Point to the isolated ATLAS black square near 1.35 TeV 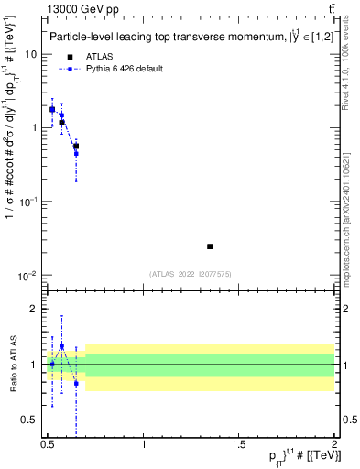tap(210, 246)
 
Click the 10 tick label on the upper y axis tap(31, 54)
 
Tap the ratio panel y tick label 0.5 tap(30, 420)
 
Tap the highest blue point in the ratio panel tap(61, 346)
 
